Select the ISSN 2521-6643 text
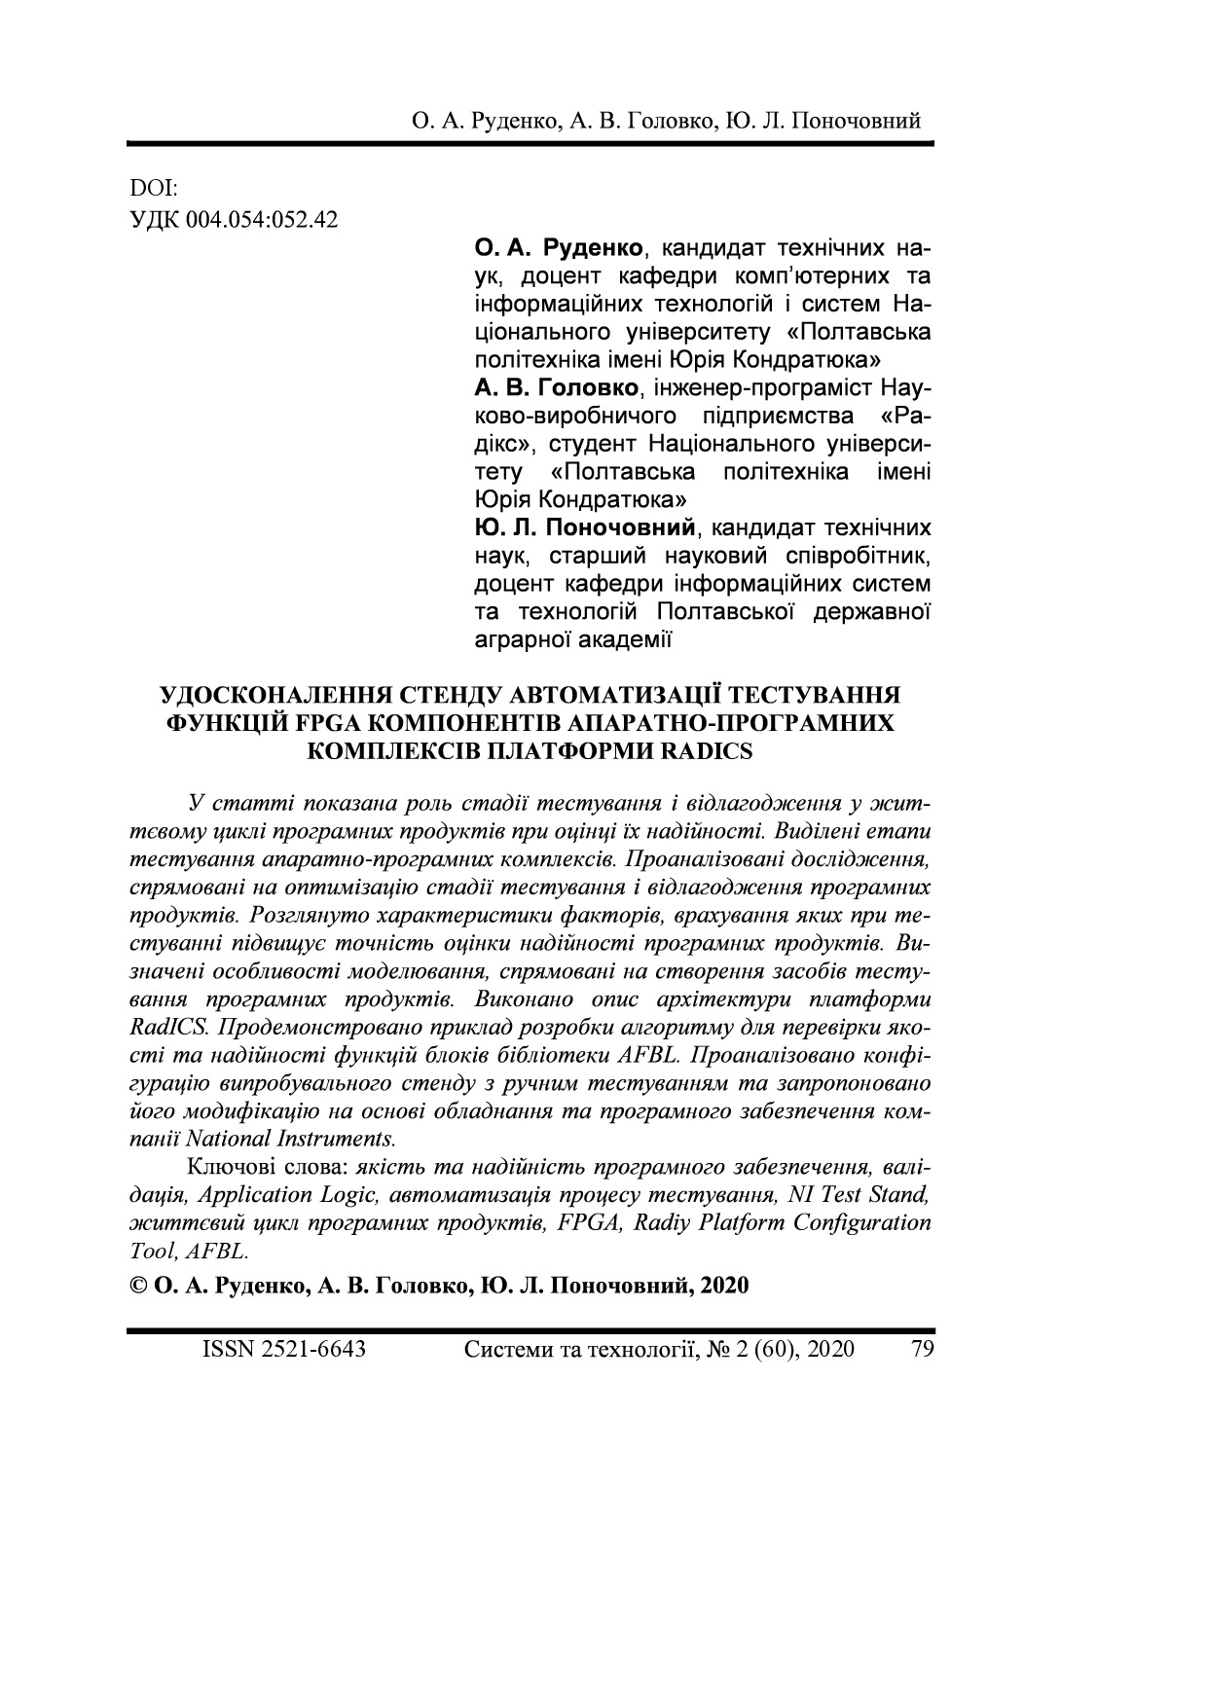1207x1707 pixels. [x=283, y=1349]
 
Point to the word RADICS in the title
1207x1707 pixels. [x=706, y=751]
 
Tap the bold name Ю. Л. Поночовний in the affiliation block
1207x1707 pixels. [x=587, y=528]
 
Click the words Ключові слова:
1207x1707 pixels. [x=268, y=1166]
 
